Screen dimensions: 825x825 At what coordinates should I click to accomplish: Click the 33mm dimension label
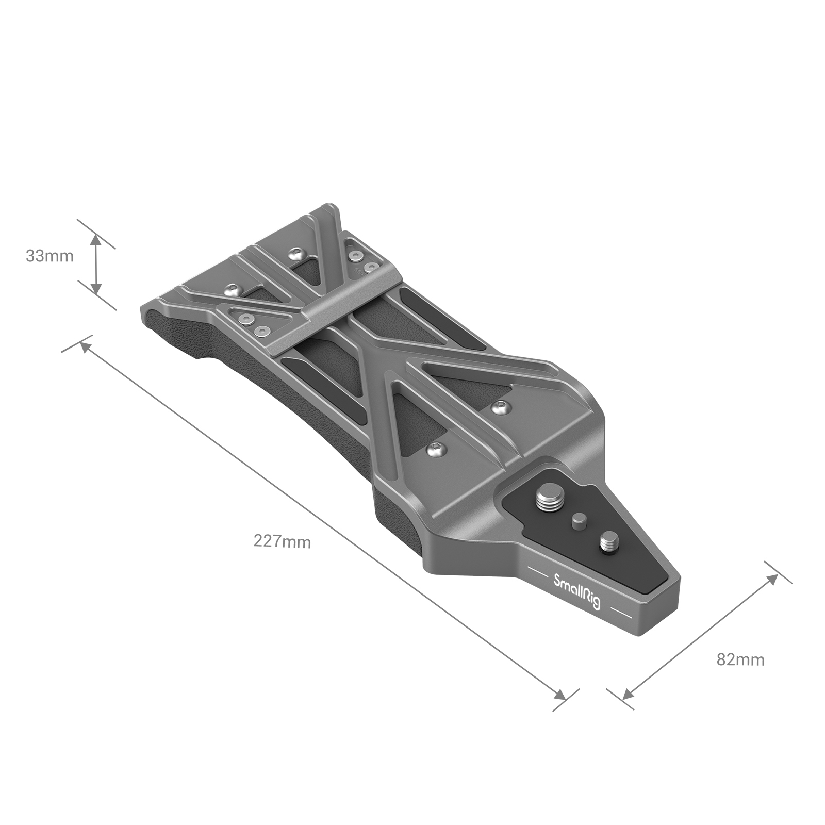[50, 256]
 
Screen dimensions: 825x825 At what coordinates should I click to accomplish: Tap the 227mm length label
[282, 541]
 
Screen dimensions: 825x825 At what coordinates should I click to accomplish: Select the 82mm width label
[740, 659]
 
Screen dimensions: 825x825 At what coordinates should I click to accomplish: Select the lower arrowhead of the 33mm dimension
[96, 288]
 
